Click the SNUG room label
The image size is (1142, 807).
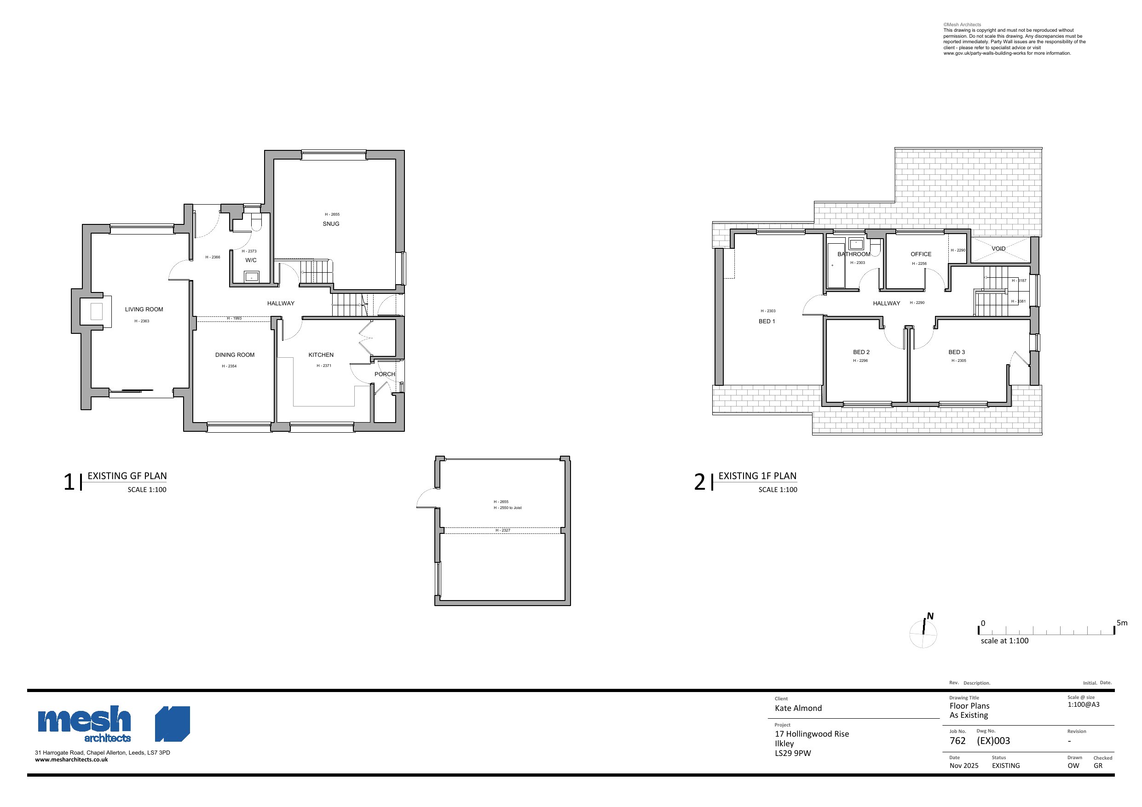click(331, 224)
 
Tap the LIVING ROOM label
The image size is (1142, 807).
click(144, 309)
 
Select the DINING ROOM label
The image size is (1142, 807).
click(235, 355)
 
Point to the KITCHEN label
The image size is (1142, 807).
click(321, 355)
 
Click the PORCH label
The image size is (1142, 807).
click(385, 374)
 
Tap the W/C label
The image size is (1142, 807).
click(251, 260)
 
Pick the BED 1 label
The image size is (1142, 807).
click(767, 321)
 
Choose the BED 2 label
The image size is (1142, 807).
click(861, 352)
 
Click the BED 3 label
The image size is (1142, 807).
click(957, 352)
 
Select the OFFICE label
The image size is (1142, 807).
click(921, 254)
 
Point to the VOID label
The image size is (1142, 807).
click(998, 249)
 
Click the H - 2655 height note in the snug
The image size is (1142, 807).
click(332, 214)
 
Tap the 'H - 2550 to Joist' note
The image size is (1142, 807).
click(508, 508)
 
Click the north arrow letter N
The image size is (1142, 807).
click(929, 616)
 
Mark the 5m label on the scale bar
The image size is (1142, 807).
click(1122, 623)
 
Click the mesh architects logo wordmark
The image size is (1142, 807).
click(85, 723)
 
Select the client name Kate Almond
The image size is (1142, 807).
click(798, 708)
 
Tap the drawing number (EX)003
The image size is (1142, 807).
click(993, 740)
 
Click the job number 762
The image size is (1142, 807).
click(957, 740)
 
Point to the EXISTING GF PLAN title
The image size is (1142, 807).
click(127, 476)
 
